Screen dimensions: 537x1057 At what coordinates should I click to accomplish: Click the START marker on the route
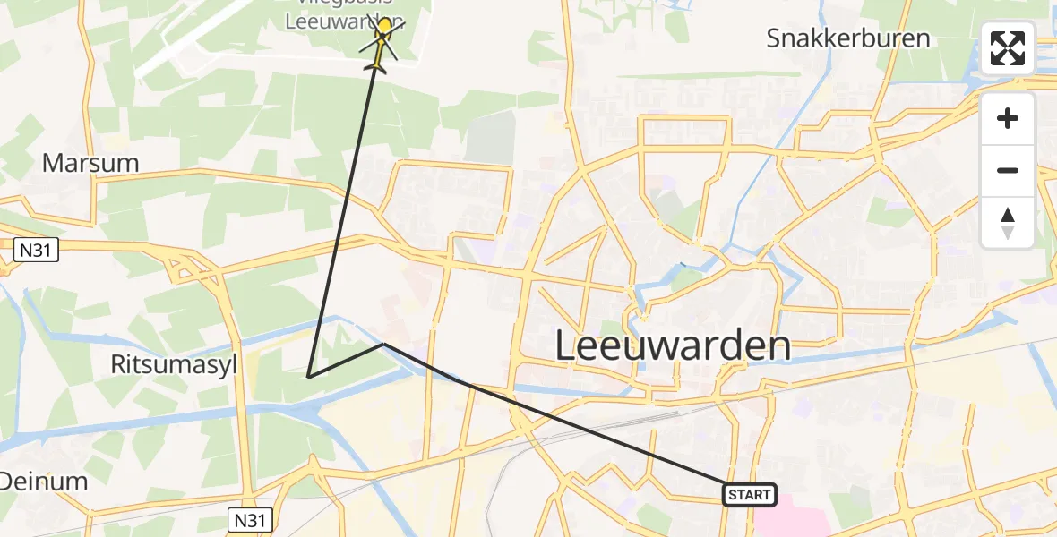749,494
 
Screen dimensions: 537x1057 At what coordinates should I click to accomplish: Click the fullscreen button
1008,48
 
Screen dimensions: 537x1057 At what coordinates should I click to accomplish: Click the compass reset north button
1008,223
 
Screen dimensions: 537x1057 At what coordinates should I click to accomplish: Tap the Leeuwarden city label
673,345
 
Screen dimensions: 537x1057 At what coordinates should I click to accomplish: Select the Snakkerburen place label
847,38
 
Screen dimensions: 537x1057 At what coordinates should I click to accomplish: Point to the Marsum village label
90,163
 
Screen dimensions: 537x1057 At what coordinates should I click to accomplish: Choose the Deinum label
43,482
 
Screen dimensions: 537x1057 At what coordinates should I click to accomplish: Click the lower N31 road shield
250,519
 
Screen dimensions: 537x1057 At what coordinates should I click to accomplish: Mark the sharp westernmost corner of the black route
308,377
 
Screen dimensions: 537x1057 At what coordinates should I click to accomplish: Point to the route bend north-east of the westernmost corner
384,344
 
